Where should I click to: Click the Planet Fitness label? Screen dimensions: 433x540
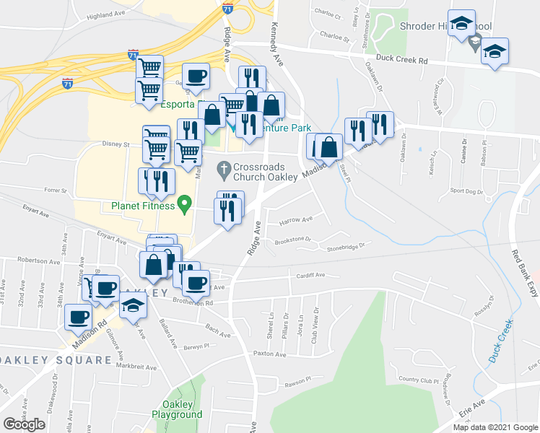click(143, 206)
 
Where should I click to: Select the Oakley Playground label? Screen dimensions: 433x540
click(177, 409)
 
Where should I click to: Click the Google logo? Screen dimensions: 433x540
click(24, 424)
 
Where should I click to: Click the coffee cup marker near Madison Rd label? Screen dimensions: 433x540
click(79, 316)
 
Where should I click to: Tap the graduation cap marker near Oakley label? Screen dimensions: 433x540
click(134, 307)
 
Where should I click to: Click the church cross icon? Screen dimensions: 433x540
click(224, 171)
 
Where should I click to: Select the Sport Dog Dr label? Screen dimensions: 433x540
click(466, 191)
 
